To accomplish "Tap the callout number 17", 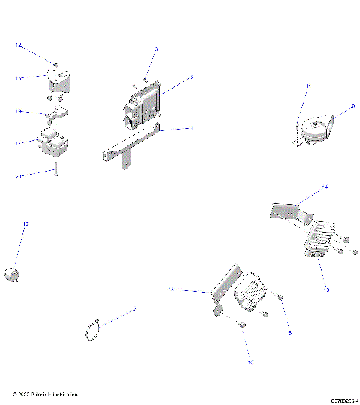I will tap(17, 142).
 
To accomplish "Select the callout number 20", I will tap(18, 177).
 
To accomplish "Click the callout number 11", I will tap(307, 88).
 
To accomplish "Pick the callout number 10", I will tap(25, 223).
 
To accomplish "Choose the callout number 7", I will tap(134, 309).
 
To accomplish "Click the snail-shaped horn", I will tap(316, 128).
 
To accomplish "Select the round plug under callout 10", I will tap(11, 274).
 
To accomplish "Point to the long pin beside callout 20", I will tap(55, 169).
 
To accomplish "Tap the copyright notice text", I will tap(45, 393).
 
